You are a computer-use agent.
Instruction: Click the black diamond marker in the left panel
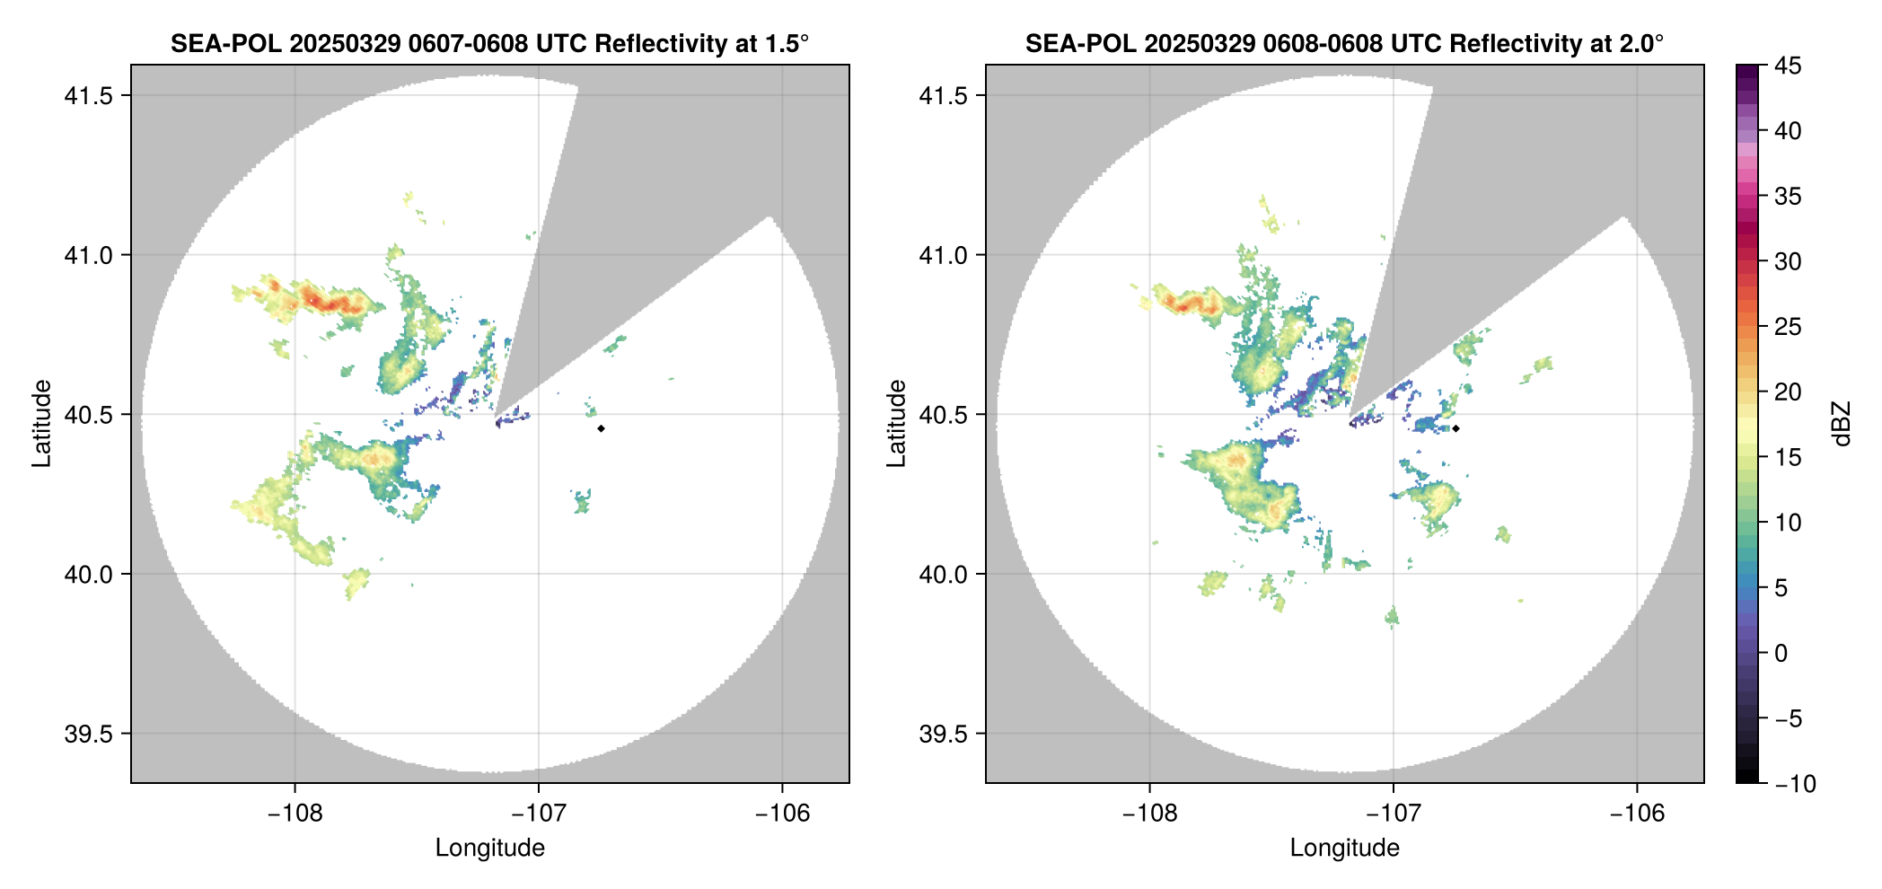(601, 428)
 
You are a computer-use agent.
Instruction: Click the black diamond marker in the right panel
(1455, 428)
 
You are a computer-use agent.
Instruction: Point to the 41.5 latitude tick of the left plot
(90, 96)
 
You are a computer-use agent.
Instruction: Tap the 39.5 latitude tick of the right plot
(945, 735)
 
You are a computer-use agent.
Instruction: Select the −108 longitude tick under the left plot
(295, 814)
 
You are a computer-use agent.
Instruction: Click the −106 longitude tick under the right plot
(1637, 814)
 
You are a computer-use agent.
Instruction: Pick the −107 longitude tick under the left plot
(539, 814)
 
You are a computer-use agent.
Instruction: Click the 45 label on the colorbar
(1788, 66)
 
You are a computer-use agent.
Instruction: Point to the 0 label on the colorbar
(1781, 654)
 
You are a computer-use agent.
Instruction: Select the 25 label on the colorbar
(1788, 327)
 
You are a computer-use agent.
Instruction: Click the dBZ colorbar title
(1842, 424)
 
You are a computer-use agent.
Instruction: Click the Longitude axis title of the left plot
(490, 848)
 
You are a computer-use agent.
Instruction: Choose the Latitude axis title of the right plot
(896, 423)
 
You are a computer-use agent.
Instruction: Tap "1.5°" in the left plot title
(786, 43)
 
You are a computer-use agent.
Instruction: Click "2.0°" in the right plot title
(1640, 43)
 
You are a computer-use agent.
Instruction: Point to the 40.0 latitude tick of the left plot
(90, 575)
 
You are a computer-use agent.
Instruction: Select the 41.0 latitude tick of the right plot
(945, 256)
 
